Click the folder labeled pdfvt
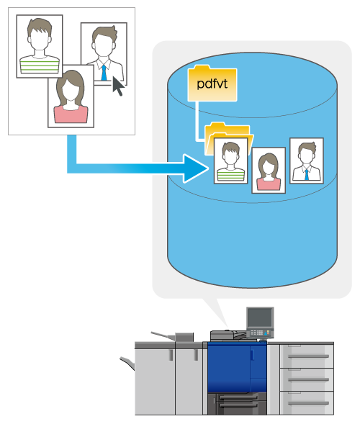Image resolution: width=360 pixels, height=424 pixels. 212,84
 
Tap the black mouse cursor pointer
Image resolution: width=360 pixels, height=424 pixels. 117,86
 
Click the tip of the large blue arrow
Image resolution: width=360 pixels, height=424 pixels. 208,168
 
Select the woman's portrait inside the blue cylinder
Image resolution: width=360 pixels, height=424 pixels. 269,171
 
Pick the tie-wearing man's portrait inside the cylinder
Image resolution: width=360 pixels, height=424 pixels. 307,161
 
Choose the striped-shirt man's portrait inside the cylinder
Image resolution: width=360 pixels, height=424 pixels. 230,161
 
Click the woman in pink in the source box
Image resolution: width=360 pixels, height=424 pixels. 71,96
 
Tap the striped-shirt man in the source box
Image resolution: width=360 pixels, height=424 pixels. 40,46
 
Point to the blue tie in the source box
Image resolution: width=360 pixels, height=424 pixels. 104,73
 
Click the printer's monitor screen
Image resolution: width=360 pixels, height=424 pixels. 260,317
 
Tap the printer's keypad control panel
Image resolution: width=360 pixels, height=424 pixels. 260,333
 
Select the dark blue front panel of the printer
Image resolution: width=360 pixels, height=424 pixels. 237,367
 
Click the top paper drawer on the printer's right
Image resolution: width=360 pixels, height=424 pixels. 307,356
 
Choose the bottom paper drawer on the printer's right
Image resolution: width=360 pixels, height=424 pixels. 307,402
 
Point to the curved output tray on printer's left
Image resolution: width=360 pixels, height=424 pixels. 127,363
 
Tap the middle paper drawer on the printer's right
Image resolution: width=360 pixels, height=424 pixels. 307,379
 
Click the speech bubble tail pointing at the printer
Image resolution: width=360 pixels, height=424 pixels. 217,311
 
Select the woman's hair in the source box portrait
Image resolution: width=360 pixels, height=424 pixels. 71,86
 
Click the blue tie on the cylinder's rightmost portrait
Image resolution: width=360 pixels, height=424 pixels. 307,174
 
